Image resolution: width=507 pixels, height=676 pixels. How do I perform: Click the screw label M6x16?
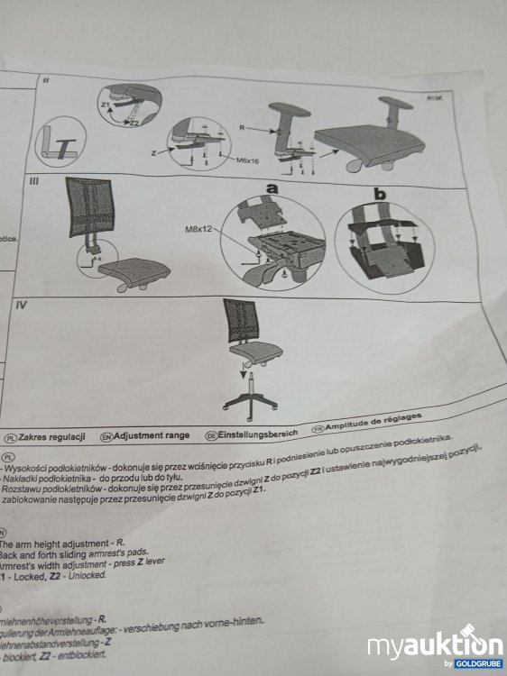248,160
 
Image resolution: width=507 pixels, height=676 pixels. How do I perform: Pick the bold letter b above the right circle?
381,192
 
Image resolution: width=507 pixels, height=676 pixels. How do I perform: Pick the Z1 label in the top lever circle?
104,105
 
